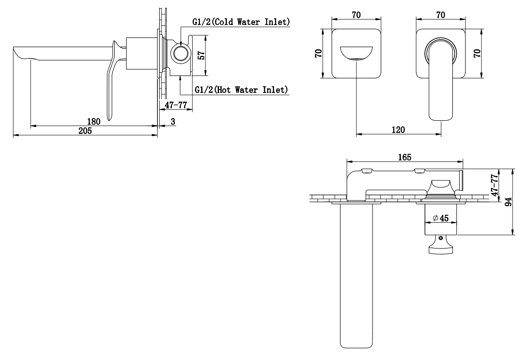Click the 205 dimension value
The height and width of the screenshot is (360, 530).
coord(85,131)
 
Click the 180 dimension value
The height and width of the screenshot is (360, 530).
coord(94,122)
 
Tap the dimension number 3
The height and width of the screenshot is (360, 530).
coord(173,122)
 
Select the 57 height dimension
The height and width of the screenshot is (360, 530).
coord(201,55)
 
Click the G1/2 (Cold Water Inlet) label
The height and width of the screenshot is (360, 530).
coord(241,22)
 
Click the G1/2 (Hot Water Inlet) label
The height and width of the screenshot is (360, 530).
coord(241,90)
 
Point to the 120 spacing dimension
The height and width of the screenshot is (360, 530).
coord(398,130)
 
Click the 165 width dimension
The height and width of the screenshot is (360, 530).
coord(405,157)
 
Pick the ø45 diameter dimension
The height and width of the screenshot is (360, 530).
coord(441,218)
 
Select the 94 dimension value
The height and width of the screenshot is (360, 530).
coord(508,202)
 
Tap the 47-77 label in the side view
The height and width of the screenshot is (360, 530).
coord(176,105)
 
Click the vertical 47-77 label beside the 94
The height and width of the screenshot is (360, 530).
coord(495,185)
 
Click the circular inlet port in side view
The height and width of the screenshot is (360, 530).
coord(181,53)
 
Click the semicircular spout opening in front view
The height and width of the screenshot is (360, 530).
coord(356,54)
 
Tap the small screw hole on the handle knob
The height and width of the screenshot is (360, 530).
coord(441,238)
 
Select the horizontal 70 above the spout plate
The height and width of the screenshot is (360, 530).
coord(356,15)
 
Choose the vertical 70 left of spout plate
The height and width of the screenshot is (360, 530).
coord(318,53)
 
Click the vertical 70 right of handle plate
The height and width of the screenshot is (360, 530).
coord(477,53)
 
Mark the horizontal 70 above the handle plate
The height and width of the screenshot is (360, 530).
coord(441,15)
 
